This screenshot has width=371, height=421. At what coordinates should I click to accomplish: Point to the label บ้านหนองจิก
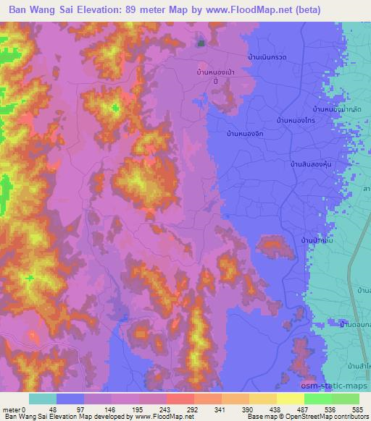point(245,135)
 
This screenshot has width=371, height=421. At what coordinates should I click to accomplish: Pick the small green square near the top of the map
point(201,43)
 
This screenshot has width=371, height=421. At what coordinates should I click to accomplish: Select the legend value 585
point(359,409)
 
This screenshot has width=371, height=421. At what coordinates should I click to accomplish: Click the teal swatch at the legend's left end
point(43,399)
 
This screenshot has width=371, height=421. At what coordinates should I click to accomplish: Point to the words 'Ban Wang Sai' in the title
point(41,10)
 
